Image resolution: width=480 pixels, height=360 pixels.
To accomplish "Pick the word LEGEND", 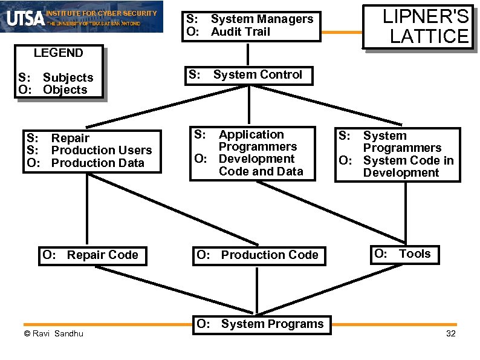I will pos(59,53).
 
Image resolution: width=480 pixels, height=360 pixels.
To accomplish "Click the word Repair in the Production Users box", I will pos(70,138).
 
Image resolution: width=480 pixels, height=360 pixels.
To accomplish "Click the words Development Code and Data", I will pos(260,165).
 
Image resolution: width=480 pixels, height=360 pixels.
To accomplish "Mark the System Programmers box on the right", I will pos(398,142).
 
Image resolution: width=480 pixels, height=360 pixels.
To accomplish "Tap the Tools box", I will pos(403,254).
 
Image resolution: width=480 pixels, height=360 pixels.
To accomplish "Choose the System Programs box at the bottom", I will pos(261,324).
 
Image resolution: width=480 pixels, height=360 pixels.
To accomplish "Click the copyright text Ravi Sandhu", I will pos(53,334).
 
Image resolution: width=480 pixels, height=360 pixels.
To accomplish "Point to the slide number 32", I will pos(450,335).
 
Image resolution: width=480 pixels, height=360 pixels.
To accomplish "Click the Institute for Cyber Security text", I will pos(102,13).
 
